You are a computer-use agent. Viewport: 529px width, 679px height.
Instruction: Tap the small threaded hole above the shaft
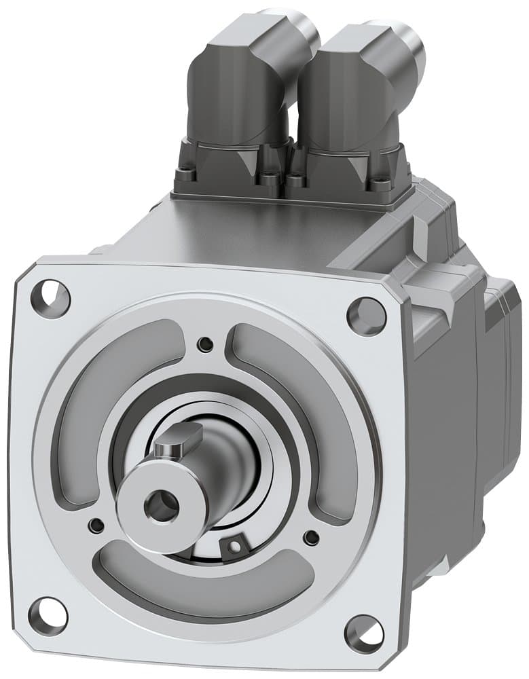[x=204, y=344]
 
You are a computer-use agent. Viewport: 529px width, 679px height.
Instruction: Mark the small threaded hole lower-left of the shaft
[x=96, y=525]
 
